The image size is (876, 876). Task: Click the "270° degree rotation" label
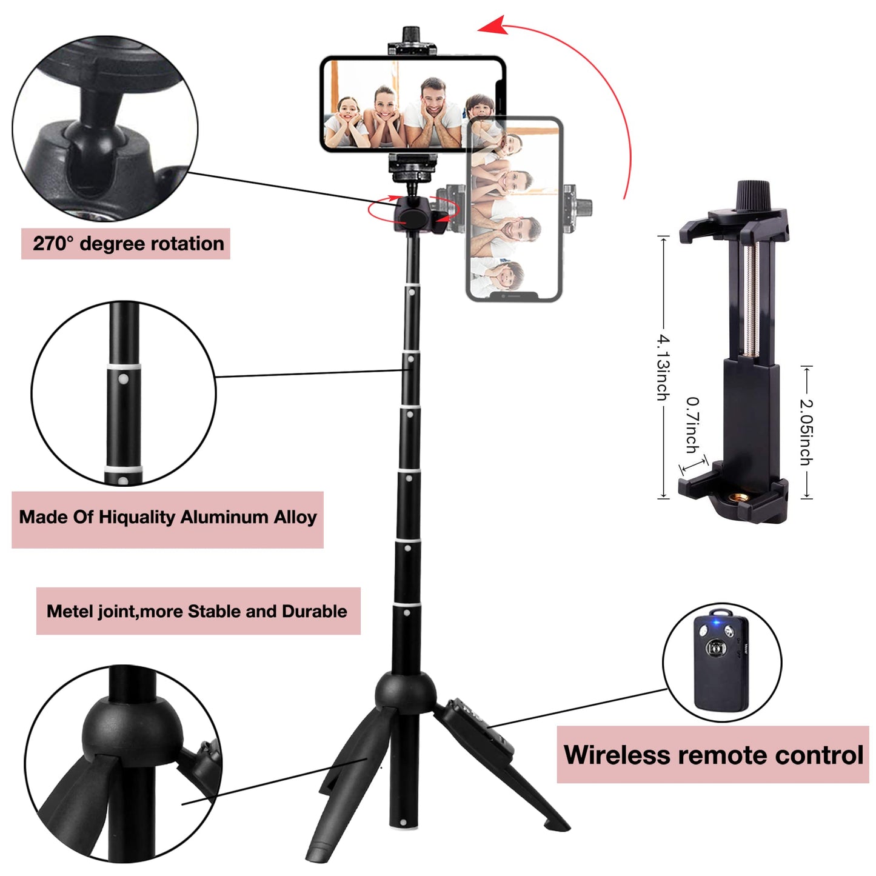(128, 244)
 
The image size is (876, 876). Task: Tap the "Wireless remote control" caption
(713, 755)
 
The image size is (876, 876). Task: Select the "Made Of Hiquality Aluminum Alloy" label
(168, 517)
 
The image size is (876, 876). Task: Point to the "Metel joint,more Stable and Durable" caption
(197, 612)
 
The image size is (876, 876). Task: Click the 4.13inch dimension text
(663, 367)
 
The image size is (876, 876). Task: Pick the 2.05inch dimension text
(806, 432)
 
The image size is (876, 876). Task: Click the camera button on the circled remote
(718, 647)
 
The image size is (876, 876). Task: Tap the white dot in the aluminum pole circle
(121, 377)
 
